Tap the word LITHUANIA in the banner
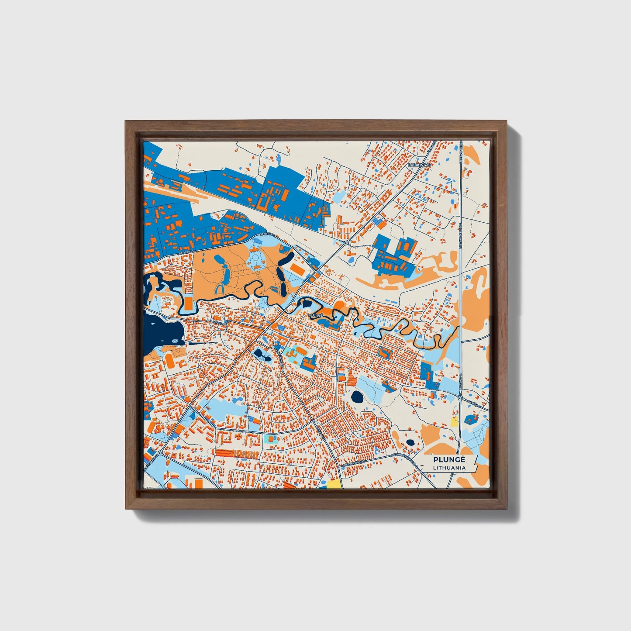[x=449, y=468]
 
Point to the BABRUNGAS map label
[x=419, y=165]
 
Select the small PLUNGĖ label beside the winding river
[x=315, y=314]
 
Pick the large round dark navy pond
[x=357, y=397]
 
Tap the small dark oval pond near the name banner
[x=410, y=442]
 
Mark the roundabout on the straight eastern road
[x=460, y=397]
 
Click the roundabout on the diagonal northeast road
[x=345, y=243]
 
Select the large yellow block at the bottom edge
[x=334, y=483]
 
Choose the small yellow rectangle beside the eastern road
[x=454, y=422]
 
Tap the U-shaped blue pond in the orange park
[x=220, y=289]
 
